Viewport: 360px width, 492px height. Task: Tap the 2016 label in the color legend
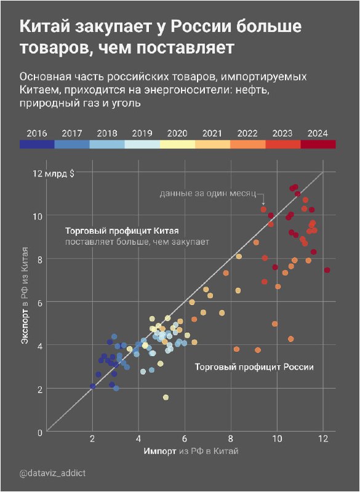[x=37, y=133]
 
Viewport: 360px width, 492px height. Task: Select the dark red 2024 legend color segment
[x=318, y=145]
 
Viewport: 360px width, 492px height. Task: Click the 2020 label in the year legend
[x=177, y=133]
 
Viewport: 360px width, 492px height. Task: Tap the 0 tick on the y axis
[x=40, y=432]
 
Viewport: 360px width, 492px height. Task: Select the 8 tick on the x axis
[x=231, y=439]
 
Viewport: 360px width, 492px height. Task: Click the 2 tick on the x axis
[x=92, y=439]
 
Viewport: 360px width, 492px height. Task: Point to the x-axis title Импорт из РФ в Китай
[x=191, y=451]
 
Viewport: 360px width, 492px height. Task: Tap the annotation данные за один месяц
[x=211, y=194]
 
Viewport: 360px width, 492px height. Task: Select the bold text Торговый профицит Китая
[x=121, y=231]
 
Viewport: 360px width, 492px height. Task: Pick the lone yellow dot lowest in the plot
[x=166, y=397]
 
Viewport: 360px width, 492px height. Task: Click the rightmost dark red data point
[x=327, y=270]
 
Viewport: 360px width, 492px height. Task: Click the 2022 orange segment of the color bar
[x=248, y=145]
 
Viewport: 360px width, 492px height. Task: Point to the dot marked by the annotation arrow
[x=263, y=210]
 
